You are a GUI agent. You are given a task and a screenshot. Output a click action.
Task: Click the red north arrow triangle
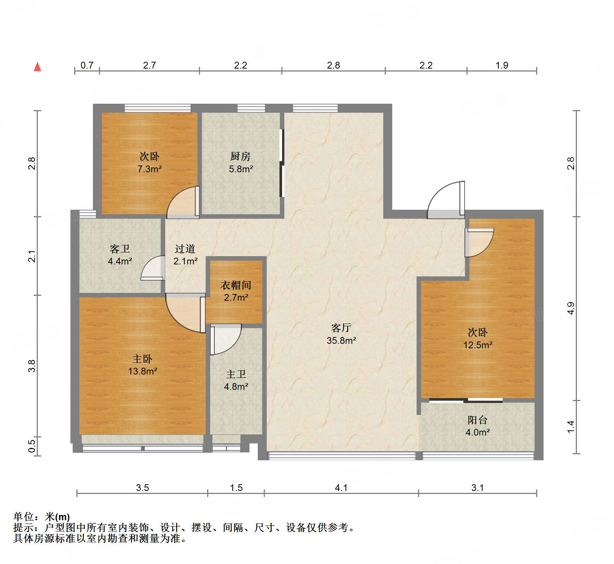pos(37,67)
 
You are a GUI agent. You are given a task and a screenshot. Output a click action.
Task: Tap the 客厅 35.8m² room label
pos(341,334)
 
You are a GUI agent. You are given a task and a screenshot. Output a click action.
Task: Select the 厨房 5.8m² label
pos(241,163)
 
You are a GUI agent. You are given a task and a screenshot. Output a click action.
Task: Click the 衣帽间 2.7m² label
pos(236,291)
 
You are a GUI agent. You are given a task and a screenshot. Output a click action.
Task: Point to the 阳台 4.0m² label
pos(477,426)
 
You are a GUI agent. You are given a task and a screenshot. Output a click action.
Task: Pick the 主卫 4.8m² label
pos(236,380)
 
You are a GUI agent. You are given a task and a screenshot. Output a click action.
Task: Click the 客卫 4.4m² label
pos(120,255)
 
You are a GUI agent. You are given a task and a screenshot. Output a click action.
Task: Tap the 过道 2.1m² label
pos(185,255)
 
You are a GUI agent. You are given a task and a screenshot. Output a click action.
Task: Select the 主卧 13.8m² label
pos(142,365)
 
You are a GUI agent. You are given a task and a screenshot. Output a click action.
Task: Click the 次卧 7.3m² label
pos(149,163)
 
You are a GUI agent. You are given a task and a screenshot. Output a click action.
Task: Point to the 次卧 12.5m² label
pos(478,339)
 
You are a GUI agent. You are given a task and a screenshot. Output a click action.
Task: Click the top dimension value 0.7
pos(87,66)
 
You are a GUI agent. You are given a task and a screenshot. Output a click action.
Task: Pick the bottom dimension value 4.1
pos(341,488)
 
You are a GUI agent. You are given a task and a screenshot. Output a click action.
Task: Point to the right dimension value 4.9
pos(570,308)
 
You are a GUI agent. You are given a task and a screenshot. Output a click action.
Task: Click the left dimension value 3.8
pos(32,366)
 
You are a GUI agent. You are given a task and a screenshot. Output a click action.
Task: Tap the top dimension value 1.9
pos(502,66)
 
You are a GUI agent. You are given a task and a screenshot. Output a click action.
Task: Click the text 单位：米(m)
pos(42,517)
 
